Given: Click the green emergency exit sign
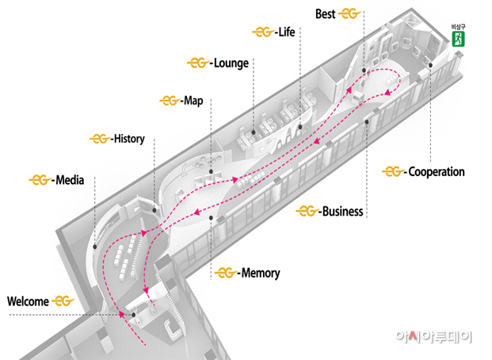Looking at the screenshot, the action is click(x=458, y=39).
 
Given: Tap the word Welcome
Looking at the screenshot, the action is click(x=28, y=301).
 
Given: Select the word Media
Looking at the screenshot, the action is click(x=70, y=180).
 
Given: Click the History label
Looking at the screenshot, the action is click(x=129, y=139).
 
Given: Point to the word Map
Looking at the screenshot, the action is click(x=193, y=101).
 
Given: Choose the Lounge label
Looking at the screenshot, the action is click(x=231, y=63).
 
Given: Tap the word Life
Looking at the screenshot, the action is click(x=287, y=32).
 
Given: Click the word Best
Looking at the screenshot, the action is click(x=326, y=14).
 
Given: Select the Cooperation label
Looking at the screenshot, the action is click(x=437, y=172).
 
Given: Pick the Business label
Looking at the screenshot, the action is click(x=342, y=212).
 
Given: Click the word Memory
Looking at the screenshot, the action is click(x=261, y=273).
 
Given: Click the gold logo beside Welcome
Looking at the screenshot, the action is click(x=63, y=301).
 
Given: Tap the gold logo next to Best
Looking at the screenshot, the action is click(x=349, y=13).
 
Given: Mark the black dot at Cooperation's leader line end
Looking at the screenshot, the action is click(x=431, y=65).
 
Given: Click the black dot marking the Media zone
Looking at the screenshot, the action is click(x=95, y=247).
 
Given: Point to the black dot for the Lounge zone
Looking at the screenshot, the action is click(x=254, y=133).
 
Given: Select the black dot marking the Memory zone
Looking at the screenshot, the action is click(x=212, y=218).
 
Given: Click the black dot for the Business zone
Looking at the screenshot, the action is click(x=367, y=122).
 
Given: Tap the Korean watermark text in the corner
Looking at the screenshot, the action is click(x=433, y=337).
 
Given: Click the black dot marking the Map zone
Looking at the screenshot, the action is click(x=212, y=171).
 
